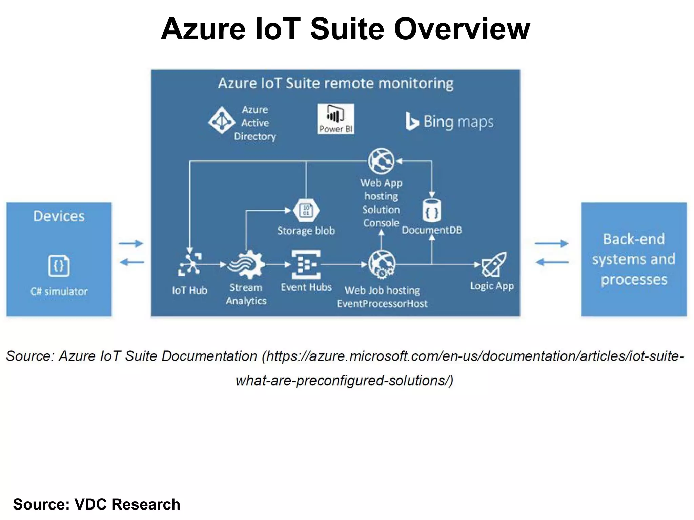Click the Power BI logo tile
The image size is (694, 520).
point(335,118)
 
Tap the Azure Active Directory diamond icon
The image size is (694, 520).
point(222,120)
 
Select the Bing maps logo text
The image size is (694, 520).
point(450,122)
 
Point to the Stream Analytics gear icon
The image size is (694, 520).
point(246,264)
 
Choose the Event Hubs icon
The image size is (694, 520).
point(306,264)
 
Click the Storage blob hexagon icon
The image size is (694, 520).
point(306,210)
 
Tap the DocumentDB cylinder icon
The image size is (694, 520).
point(432,211)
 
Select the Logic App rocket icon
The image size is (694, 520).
point(494,264)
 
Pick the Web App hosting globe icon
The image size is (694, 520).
point(381,161)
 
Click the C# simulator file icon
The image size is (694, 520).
point(59,266)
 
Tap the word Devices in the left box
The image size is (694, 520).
point(59,216)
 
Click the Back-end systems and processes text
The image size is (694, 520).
point(634,259)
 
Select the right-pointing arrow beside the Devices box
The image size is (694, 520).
point(131,243)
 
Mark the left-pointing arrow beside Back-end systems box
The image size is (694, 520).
point(552,262)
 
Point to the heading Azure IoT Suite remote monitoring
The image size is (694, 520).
point(335,83)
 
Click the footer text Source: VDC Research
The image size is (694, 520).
point(97,504)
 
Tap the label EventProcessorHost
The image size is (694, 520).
point(382,303)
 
